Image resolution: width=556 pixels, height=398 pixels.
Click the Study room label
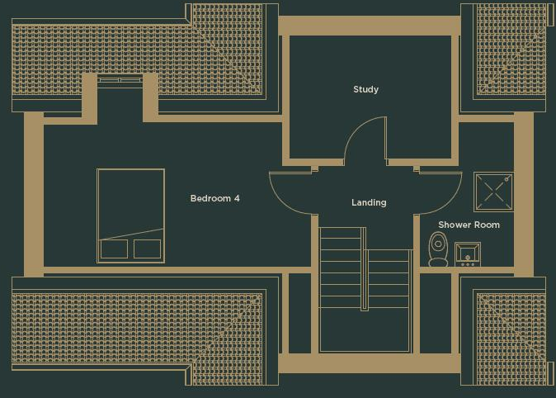(365, 89)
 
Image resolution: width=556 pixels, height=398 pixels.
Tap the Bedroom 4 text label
(214, 198)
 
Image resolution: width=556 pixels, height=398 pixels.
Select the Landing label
(369, 202)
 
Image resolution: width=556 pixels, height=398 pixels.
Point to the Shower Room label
(469, 225)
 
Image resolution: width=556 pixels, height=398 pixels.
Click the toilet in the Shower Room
(438, 249)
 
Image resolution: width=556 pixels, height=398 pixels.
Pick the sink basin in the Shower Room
(468, 254)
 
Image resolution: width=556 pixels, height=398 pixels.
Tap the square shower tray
(493, 192)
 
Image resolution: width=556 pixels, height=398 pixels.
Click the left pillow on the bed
(114, 249)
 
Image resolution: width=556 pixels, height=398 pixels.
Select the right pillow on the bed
(147, 249)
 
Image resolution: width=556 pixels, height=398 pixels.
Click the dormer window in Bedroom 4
(120, 81)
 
